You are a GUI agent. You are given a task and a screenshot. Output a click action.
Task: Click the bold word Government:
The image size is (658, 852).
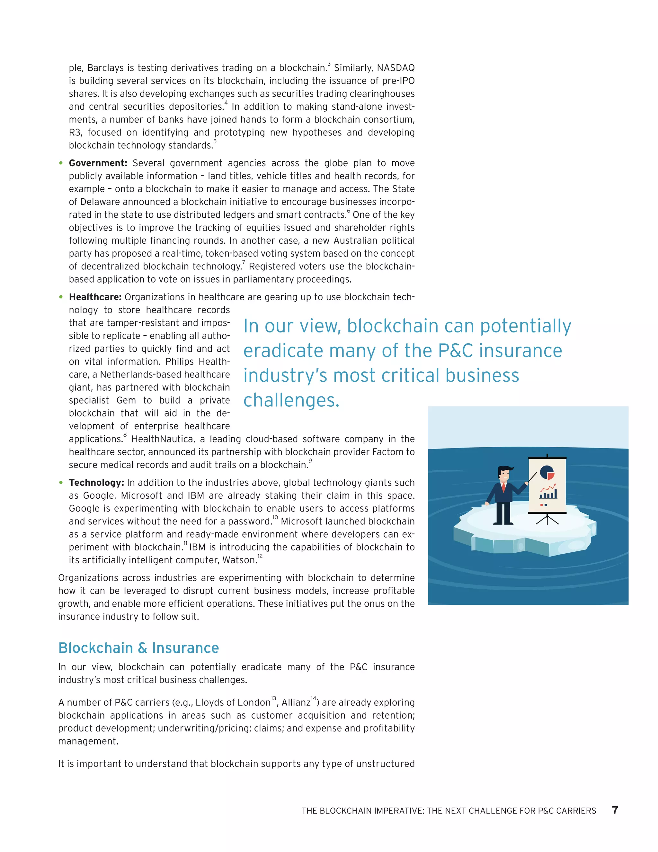tap(98, 163)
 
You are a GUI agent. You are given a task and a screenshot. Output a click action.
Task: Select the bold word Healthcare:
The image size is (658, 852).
tap(95, 297)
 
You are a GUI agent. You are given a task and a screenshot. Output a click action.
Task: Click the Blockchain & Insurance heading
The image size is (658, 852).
tap(138, 648)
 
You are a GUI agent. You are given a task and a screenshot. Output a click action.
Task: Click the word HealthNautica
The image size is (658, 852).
tap(162, 439)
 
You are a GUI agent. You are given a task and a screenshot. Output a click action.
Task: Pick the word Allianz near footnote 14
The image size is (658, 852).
tap(296, 702)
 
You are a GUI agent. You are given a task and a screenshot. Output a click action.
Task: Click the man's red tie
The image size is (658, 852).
tap(504, 487)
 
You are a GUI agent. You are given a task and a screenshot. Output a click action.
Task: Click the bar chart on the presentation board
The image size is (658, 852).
tap(548, 494)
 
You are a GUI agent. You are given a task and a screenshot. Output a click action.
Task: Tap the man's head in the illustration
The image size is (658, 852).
tap(504, 474)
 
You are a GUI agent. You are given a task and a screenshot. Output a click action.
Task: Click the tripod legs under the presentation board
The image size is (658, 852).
tap(547, 519)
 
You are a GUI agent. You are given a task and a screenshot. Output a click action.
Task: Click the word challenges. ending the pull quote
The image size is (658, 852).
tap(291, 400)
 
